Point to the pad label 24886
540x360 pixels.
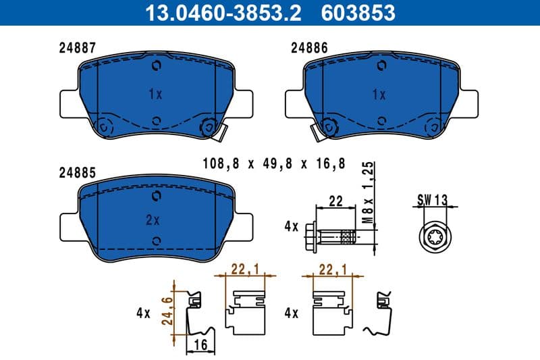pos(309,48)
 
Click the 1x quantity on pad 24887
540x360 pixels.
pos(155,95)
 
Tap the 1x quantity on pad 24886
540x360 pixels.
pos(378,95)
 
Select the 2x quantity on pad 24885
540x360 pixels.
pos(153,220)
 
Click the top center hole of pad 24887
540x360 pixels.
pos(157,66)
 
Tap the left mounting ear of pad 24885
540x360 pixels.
pos(70,226)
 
